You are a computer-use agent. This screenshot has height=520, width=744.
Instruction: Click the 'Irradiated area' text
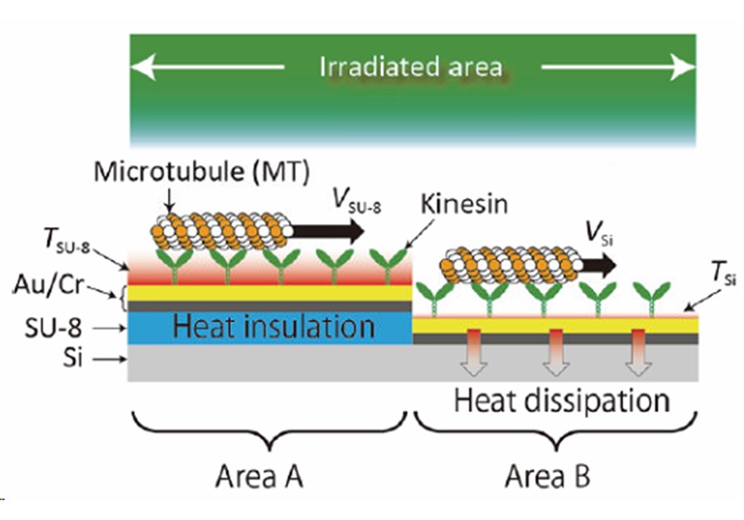pyautogui.click(x=411, y=67)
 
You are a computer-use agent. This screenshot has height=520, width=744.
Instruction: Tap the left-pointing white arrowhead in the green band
pyautogui.click(x=143, y=67)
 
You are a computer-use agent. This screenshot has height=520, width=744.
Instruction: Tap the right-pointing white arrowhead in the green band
pyautogui.click(x=683, y=67)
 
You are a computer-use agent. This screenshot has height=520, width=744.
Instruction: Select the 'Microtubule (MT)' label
pyautogui.click(x=202, y=171)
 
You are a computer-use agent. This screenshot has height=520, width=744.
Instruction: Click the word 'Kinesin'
pyautogui.click(x=464, y=204)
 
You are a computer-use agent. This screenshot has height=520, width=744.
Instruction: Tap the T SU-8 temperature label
pyautogui.click(x=66, y=241)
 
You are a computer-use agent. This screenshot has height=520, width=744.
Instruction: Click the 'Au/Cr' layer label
pyautogui.click(x=49, y=285)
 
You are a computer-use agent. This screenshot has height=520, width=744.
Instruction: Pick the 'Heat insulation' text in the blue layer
pyautogui.click(x=274, y=327)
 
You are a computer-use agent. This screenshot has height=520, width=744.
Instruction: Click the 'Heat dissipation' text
pyautogui.click(x=562, y=401)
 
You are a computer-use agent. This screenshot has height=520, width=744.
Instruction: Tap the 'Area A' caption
pyautogui.click(x=259, y=476)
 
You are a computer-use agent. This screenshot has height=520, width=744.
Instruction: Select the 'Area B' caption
pyautogui.click(x=547, y=476)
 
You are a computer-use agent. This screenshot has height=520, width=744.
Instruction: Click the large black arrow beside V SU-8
pyautogui.click(x=328, y=231)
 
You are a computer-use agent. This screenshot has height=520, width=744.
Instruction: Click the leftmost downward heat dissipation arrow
pyautogui.click(x=473, y=352)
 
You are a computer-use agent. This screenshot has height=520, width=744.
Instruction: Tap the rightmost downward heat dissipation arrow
pyautogui.click(x=639, y=352)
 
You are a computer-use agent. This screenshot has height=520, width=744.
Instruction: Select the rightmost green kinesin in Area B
pyautogui.click(x=653, y=299)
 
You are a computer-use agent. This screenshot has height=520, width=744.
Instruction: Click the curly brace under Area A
pyautogui.click(x=270, y=430)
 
